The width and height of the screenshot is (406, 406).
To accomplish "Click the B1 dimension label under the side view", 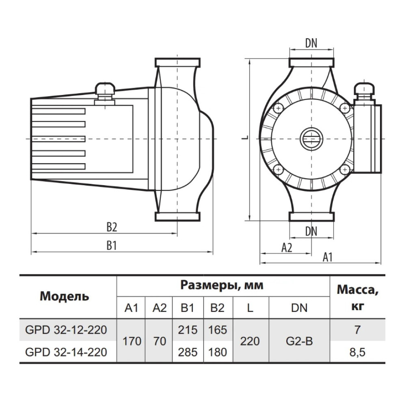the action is tap(112, 245).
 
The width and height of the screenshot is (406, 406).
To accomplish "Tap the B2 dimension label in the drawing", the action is tap(112, 227).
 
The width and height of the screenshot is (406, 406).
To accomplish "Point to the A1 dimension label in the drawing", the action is tap(327, 257).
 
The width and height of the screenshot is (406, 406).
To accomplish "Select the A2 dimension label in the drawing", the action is tap(287, 248).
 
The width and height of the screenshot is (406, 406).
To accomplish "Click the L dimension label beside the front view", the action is tap(245, 138).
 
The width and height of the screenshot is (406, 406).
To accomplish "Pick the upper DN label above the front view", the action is tap(311, 43).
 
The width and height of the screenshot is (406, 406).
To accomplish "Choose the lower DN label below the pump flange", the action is tap(311, 231).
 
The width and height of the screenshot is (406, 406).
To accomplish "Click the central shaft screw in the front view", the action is tap(311, 139).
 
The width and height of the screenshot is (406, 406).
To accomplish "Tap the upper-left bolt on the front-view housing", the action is tap(279, 108).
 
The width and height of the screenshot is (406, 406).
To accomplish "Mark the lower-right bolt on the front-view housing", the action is tap(344, 170).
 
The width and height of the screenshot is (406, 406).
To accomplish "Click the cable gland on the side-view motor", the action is tap(105, 93).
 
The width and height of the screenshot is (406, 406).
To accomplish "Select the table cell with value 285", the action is tap(188, 352).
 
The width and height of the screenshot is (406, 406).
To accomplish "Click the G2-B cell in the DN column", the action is tap(299, 341).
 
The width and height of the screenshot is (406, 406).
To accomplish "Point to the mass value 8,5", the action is tap(357, 352).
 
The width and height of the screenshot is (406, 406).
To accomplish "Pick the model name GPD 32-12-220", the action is tap(66, 330).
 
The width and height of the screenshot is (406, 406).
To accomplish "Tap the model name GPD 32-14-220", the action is tap(66, 352).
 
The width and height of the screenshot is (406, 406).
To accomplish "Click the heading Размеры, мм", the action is tap(222, 285).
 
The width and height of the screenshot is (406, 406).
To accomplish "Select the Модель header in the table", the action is tap(64, 296).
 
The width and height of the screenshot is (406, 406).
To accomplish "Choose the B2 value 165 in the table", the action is tap(218, 330).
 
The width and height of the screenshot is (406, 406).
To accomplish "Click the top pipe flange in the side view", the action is tap(177, 63).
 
